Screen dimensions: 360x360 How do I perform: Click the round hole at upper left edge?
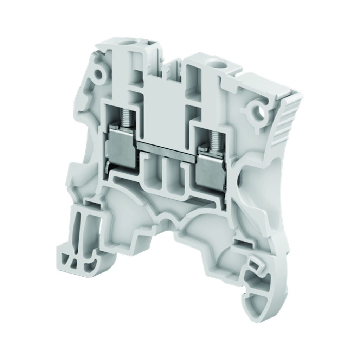pyautogui.click(x=99, y=74)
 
